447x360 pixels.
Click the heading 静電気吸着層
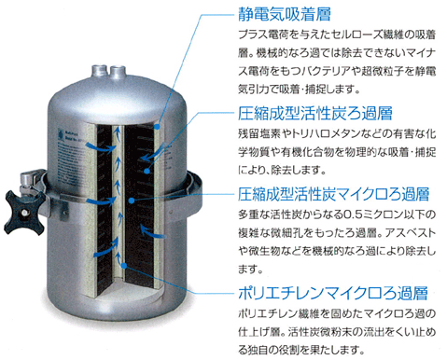(285, 14)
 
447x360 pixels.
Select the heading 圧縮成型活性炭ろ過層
(315, 113)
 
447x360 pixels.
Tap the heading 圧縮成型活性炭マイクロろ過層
(333, 194)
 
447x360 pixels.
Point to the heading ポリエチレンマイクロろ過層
(333, 293)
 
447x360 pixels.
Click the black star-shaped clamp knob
(23, 213)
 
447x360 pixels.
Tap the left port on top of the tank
(100, 71)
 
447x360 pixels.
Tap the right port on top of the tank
(118, 72)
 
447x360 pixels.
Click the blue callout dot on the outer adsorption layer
(158, 127)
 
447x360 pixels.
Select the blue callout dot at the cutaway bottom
(124, 266)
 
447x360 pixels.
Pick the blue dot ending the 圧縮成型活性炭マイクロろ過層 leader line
(132, 201)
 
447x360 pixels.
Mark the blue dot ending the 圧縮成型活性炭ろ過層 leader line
(147, 171)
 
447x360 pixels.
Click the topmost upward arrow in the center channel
(117, 133)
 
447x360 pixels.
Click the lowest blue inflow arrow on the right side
(152, 231)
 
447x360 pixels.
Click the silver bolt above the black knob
(27, 181)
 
